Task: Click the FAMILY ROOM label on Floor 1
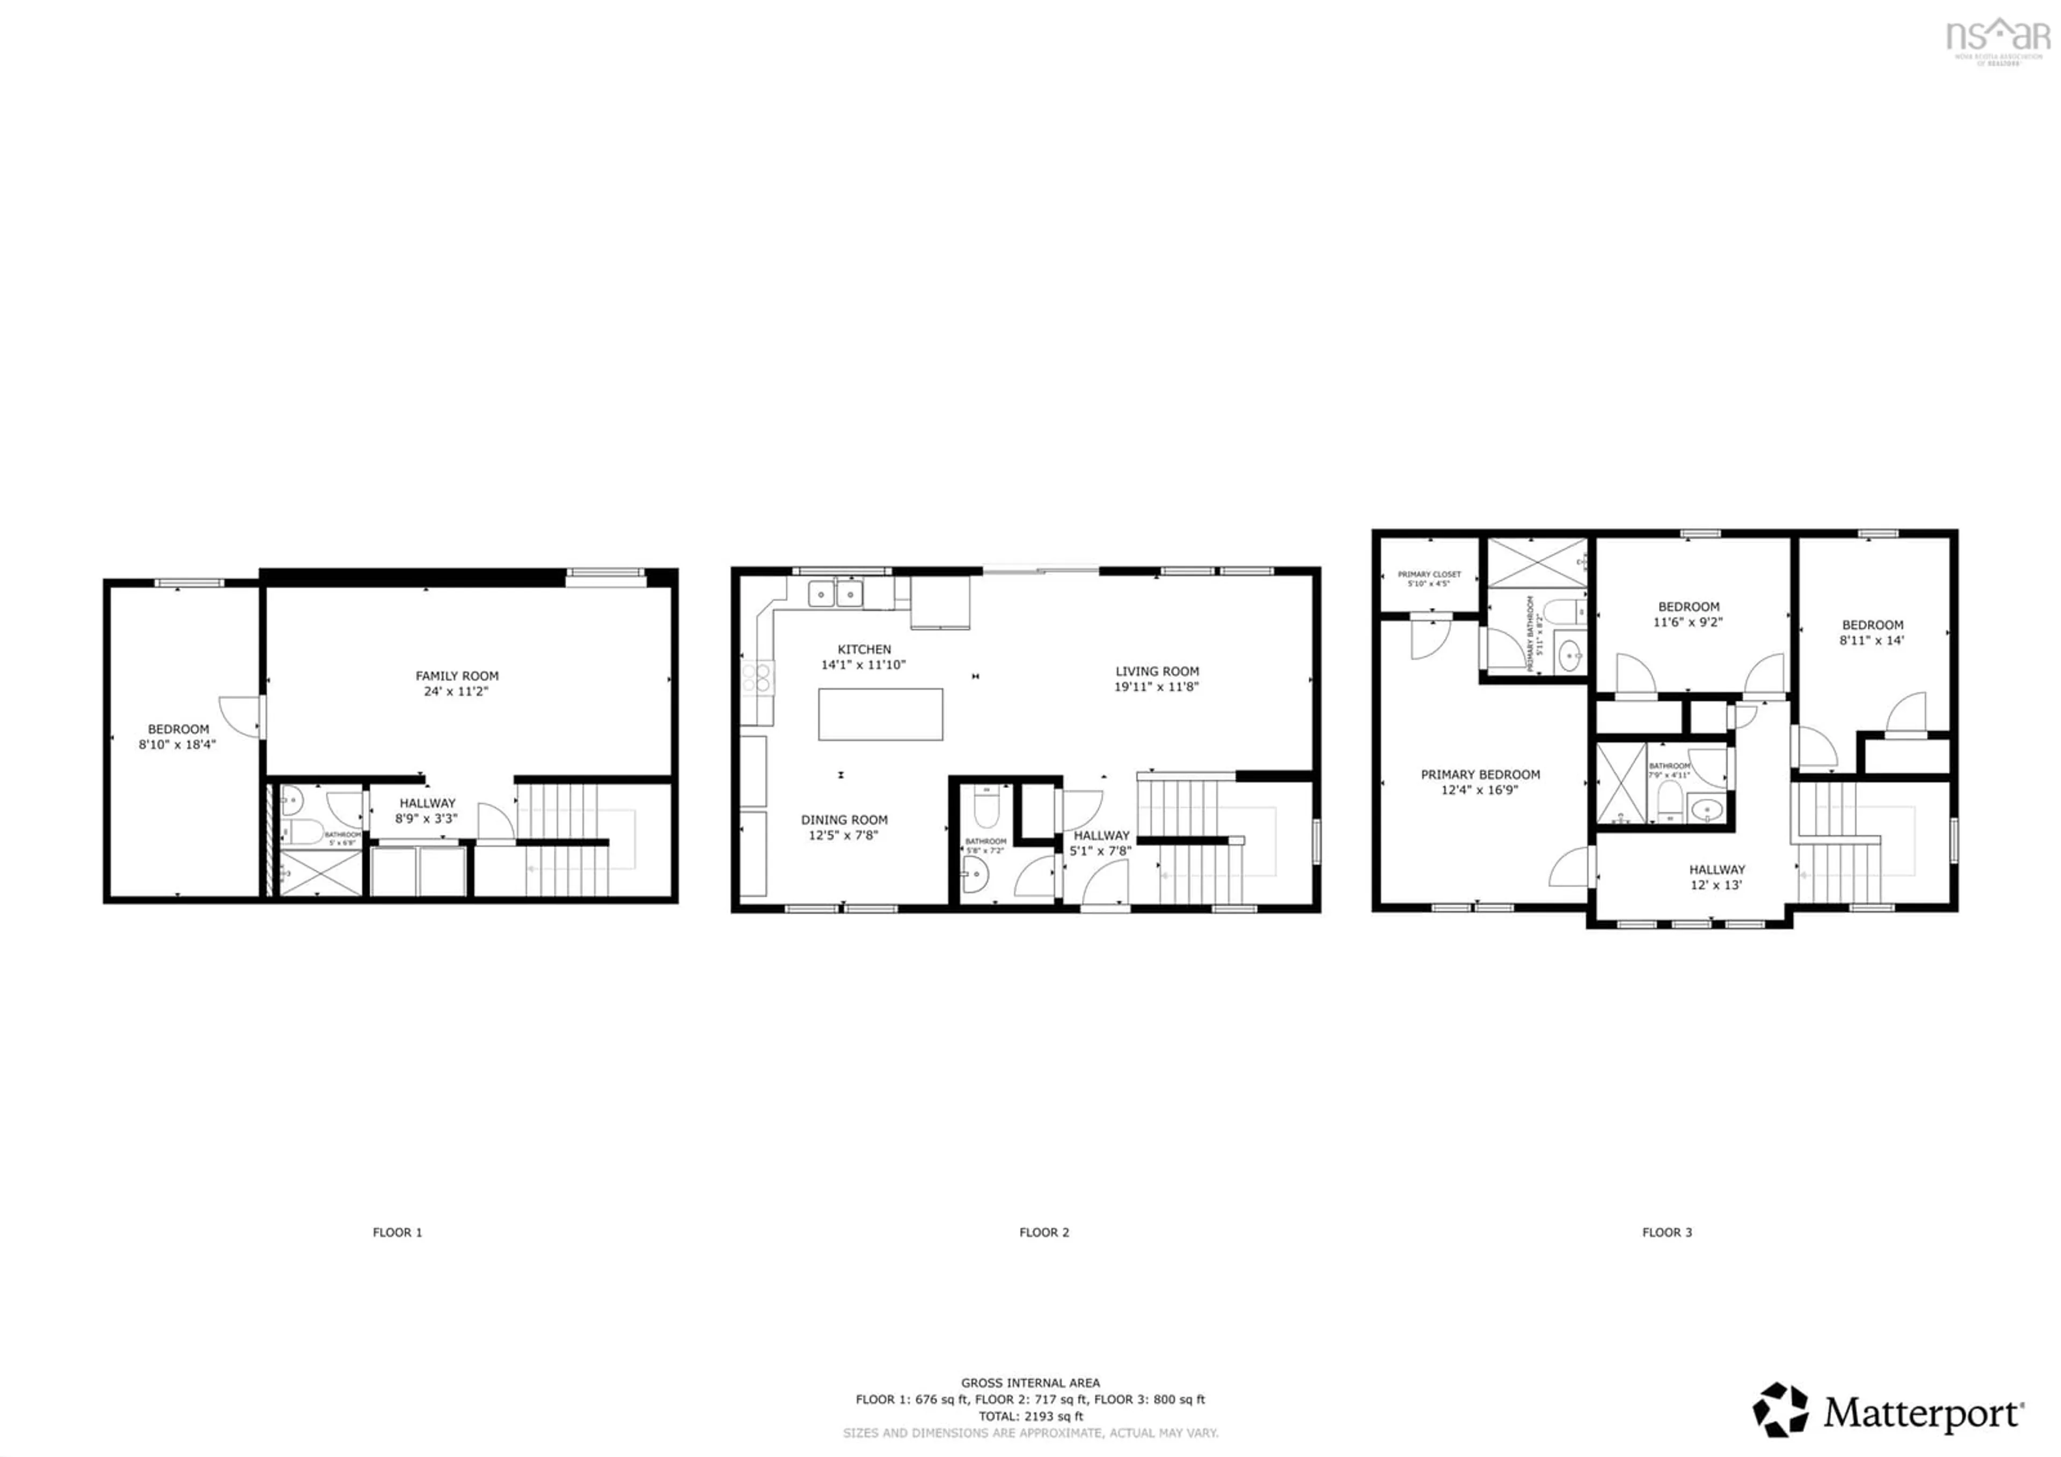coord(456,676)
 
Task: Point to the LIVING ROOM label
coord(1156,672)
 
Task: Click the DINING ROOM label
coord(844,820)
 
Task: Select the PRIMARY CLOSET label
coord(1429,574)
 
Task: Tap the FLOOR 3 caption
coord(1667,1233)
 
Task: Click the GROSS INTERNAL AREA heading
coord(1030,1383)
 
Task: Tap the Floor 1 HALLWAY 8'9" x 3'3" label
coord(427,811)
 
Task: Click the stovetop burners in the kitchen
coord(758,677)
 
